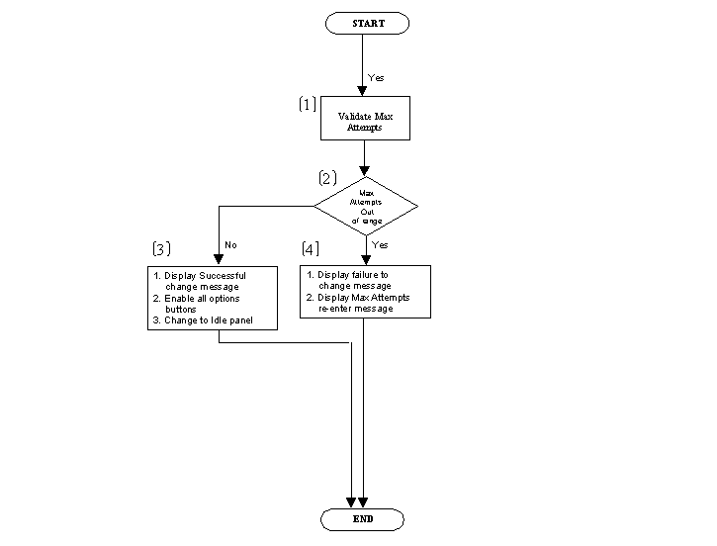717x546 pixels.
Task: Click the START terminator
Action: tap(365, 24)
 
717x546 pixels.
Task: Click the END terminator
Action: tap(363, 519)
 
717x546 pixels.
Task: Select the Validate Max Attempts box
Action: tap(365, 121)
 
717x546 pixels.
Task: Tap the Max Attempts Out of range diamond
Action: tap(365, 206)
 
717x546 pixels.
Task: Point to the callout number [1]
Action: tap(308, 104)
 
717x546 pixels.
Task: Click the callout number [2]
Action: tap(327, 179)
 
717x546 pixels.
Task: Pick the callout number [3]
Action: tap(161, 247)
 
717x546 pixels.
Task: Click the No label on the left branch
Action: tap(230, 244)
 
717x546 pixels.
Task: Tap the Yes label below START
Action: tap(377, 77)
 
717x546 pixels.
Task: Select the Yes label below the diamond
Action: tap(380, 244)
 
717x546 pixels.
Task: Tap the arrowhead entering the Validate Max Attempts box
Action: tap(365, 91)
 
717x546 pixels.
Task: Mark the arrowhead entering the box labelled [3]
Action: tap(218, 259)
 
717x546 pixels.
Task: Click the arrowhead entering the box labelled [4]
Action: tap(365, 259)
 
